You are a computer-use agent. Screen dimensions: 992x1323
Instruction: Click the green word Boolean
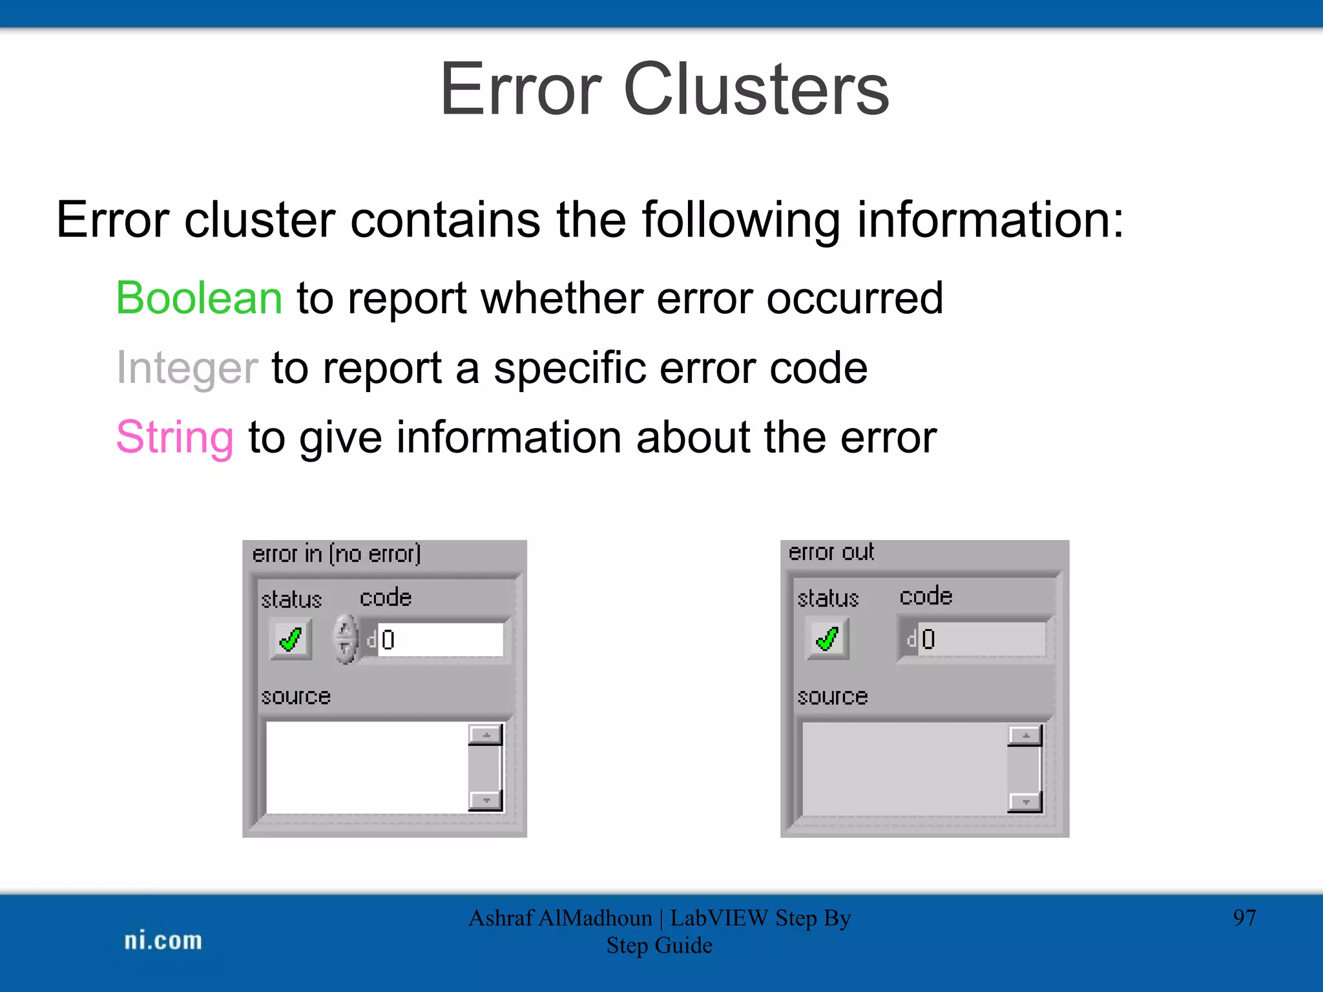(199, 298)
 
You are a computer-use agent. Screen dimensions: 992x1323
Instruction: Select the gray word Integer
(187, 368)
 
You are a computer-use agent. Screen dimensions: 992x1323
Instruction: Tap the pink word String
(175, 438)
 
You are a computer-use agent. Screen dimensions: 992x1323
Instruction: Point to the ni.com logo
(163, 940)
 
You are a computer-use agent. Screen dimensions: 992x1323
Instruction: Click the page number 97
(1244, 918)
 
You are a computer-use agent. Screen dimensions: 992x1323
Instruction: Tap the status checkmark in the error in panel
(291, 639)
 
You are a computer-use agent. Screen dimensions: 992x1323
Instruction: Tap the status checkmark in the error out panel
(828, 639)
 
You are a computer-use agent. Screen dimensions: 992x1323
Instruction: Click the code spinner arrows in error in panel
(346, 639)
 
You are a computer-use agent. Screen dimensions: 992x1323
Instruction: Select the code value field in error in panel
(439, 639)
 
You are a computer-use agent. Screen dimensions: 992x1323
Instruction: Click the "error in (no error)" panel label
(336, 554)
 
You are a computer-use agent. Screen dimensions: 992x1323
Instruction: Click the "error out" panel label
(831, 553)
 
